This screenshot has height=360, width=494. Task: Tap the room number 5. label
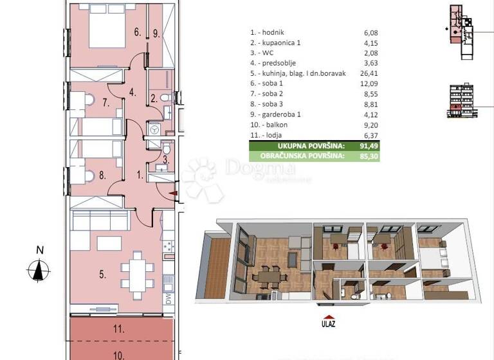(103, 274)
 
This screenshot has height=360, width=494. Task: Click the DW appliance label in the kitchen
(167, 299)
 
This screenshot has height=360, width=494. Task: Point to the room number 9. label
(157, 33)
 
